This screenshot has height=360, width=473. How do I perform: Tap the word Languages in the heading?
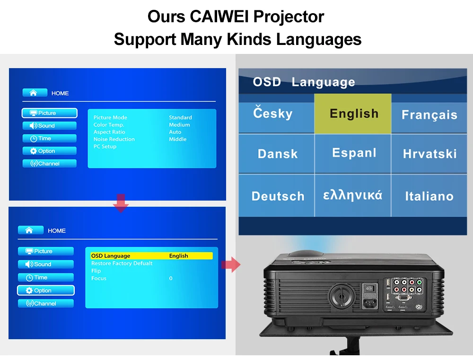point(319,40)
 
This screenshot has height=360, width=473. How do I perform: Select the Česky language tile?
point(276,114)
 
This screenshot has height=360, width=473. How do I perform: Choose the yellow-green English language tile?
point(353,114)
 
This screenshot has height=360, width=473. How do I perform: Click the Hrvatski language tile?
point(429,154)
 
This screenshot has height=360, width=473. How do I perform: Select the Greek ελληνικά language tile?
point(353,195)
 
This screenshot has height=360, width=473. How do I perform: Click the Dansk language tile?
point(276,154)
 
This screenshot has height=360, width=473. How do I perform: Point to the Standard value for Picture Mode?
point(180,117)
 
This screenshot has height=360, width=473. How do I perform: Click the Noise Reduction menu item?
point(114,139)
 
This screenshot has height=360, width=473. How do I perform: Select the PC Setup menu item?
point(105,146)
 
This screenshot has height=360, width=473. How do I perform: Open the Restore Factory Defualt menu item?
point(122,263)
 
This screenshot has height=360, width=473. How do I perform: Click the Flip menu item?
point(96,271)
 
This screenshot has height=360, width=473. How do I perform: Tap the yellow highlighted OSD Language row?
point(151,256)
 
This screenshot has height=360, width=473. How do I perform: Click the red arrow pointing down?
point(121,203)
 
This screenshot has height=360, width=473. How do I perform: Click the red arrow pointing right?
point(231,264)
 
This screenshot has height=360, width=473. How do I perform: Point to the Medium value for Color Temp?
point(179,124)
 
